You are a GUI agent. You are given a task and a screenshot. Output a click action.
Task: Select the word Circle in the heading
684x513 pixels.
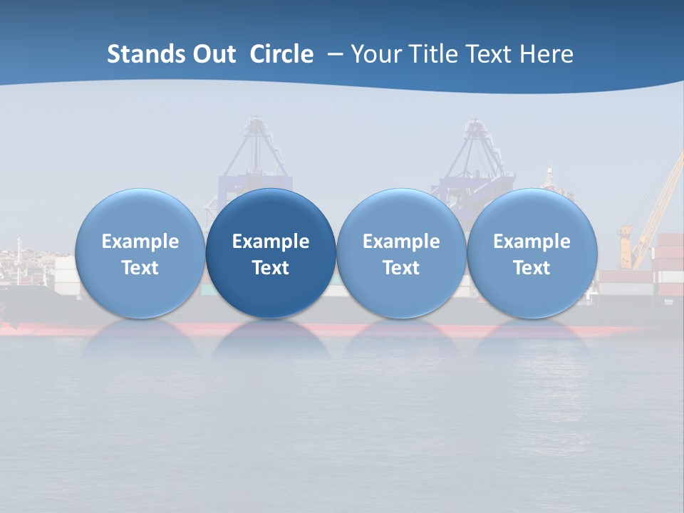[x=281, y=54]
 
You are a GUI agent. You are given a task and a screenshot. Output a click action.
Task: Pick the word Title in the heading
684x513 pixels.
[x=432, y=54]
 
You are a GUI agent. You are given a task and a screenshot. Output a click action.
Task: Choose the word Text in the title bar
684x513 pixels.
[x=490, y=54]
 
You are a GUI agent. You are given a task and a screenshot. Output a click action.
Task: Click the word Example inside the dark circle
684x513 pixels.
[x=271, y=242]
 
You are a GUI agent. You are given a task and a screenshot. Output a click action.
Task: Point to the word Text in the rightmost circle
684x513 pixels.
[x=532, y=268]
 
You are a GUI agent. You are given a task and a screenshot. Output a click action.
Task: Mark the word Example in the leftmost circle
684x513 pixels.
[x=140, y=242]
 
